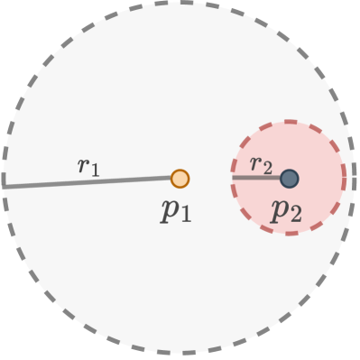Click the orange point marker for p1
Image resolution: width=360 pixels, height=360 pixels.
pyautogui.click(x=180, y=179)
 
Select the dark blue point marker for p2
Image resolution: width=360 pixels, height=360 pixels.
pyautogui.click(x=289, y=179)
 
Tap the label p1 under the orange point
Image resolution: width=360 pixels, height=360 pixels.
pyautogui.click(x=177, y=210)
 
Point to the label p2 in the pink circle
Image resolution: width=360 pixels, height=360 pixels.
pyautogui.click(x=286, y=210)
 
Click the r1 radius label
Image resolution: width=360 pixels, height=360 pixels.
pyautogui.click(x=88, y=165)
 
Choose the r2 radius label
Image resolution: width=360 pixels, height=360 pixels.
pyautogui.click(x=260, y=163)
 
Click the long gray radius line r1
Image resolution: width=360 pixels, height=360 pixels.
pyautogui.click(x=90, y=182)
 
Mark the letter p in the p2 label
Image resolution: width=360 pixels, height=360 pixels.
pyautogui.click(x=280, y=210)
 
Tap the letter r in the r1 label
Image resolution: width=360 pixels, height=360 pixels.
pyautogui.click(x=83, y=165)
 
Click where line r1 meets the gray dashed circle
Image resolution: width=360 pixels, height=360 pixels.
pyautogui.click(x=4, y=186)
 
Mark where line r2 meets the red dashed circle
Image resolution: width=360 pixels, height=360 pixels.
pyautogui.click(x=233, y=179)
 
